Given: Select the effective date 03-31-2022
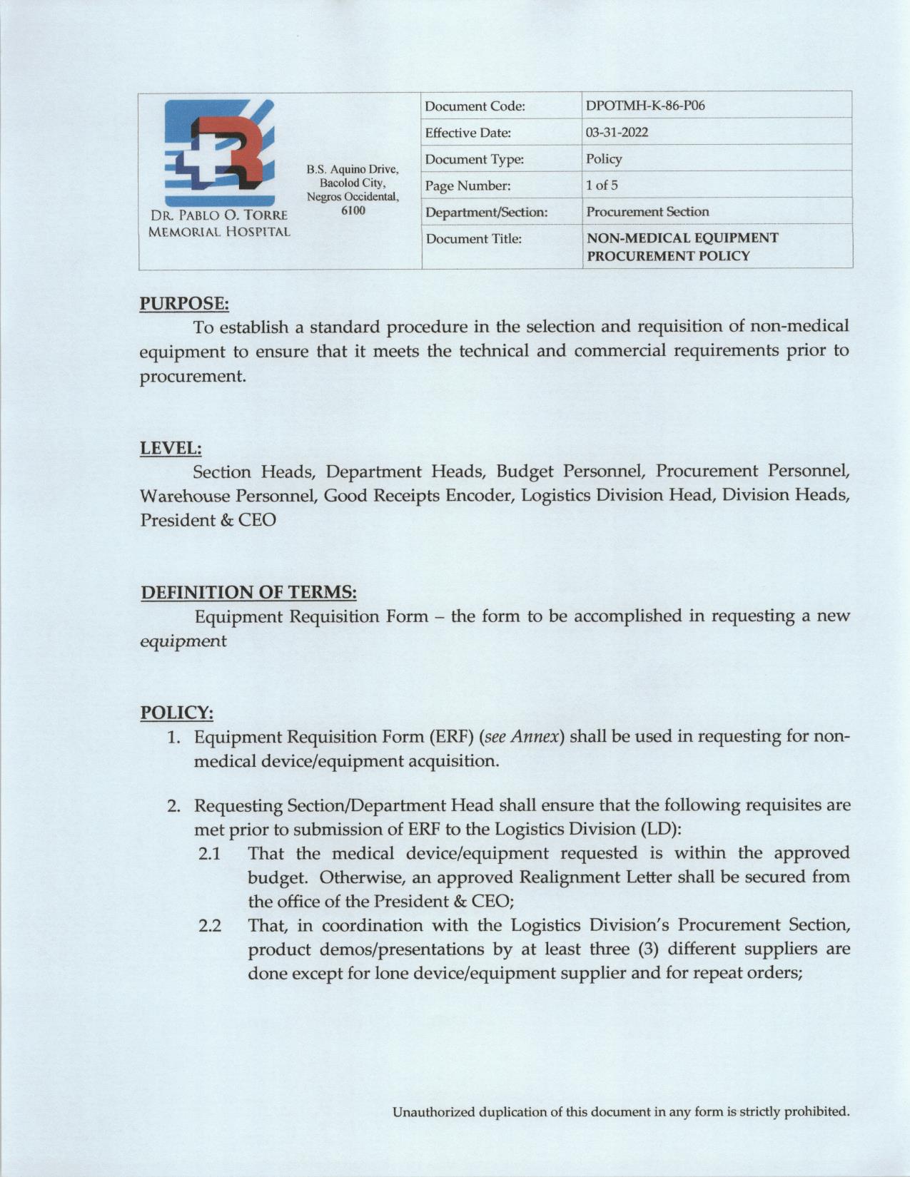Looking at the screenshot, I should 607,133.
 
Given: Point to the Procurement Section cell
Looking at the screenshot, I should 647,212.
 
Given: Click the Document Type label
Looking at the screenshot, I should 475,159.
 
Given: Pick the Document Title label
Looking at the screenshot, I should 473,238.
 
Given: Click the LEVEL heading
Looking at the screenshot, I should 171,448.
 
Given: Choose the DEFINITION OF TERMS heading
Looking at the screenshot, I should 248,592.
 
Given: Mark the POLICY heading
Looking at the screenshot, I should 176,712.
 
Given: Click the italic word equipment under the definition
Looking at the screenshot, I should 183,641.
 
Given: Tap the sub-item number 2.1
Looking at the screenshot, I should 209,854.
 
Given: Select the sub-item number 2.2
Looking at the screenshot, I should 209,926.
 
